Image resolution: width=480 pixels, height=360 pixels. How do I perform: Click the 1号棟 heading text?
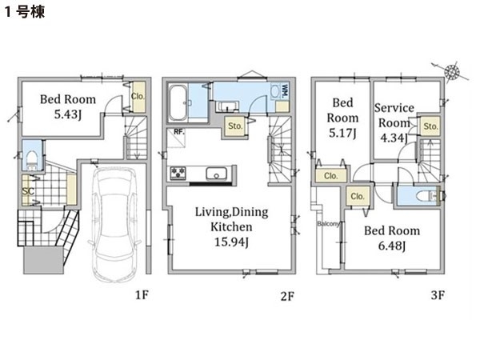pos(25,12)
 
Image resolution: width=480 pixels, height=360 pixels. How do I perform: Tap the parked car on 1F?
pos(115,224)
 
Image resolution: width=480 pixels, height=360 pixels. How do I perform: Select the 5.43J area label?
pos(68,114)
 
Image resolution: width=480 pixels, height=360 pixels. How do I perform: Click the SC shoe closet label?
pos(27,192)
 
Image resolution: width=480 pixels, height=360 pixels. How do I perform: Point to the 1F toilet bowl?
pos(31,160)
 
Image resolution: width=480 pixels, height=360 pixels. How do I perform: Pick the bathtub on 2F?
pos(178,103)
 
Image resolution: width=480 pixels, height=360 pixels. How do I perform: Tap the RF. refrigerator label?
pos(178,132)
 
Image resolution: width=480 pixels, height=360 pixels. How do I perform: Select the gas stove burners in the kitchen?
pos(178,173)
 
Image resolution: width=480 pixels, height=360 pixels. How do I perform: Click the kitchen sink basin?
pos(217,174)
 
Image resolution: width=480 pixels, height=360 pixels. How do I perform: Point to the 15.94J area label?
pos(231,242)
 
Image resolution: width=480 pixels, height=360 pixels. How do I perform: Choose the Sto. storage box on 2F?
pos(235,126)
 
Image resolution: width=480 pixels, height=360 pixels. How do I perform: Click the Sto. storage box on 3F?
pos(430,126)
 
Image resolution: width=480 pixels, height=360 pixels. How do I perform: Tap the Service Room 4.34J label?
pos(394,123)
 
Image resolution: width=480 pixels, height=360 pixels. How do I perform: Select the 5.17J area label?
pos(342,133)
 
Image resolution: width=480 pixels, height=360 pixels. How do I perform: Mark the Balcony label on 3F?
pos(328,224)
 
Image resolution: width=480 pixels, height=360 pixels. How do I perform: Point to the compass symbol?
pos(451,72)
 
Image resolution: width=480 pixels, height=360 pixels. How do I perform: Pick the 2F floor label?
pos(287,296)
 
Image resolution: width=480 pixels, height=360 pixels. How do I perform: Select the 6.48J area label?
pos(392,246)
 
